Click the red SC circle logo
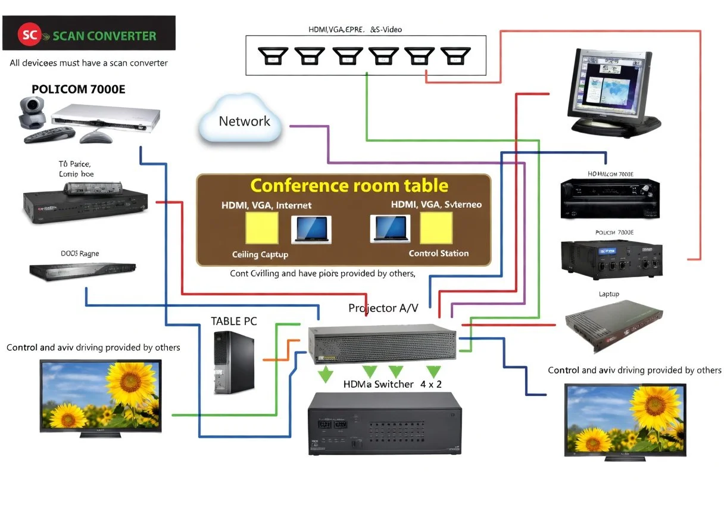pyautogui.click(x=28, y=35)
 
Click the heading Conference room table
pyautogui.click(x=349, y=185)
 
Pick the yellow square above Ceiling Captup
pyautogui.click(x=262, y=228)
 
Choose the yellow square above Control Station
pyautogui.click(x=436, y=228)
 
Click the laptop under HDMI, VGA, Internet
pyautogui.click(x=311, y=230)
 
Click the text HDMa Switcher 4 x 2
pyautogui.click(x=392, y=384)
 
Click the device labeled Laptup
pyautogui.click(x=613, y=327)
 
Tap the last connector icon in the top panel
pyautogui.click(x=453, y=56)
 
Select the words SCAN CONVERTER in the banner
pyautogui.click(x=104, y=35)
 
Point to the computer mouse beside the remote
pyautogui.click(x=95, y=137)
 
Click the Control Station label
pyautogui.click(x=438, y=253)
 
